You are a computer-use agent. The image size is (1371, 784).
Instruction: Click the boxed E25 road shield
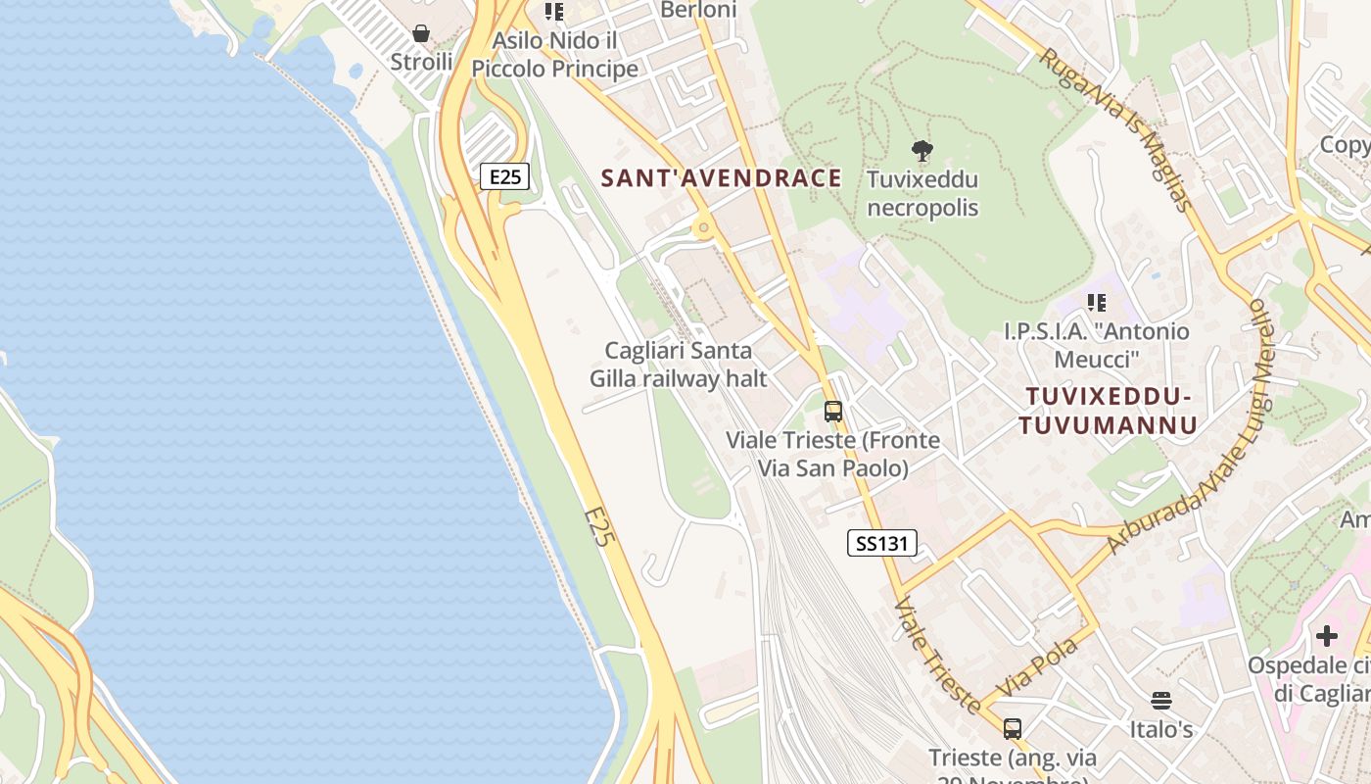pyautogui.click(x=505, y=176)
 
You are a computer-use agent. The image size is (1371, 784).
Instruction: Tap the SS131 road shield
pyautogui.click(x=881, y=543)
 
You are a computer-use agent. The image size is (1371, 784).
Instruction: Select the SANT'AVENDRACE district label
pyautogui.click(x=721, y=177)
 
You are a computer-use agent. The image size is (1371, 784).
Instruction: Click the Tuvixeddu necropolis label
pyautogui.click(x=922, y=194)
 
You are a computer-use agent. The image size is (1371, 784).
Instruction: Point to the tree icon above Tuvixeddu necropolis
pyautogui.click(x=922, y=151)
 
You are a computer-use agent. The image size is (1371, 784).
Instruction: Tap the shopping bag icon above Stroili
pyautogui.click(x=421, y=34)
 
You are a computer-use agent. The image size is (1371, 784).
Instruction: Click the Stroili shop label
pyautogui.click(x=421, y=62)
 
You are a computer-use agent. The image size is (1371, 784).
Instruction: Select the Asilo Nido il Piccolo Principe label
pyautogui.click(x=555, y=55)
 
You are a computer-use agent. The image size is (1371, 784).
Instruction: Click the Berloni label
pyautogui.click(x=698, y=10)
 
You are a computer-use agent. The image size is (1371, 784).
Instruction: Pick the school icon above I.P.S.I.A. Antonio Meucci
pyautogui.click(x=1096, y=303)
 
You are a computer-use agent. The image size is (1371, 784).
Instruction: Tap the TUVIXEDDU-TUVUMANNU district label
pyautogui.click(x=1109, y=411)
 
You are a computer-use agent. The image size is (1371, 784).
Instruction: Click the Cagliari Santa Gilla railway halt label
pyautogui.click(x=679, y=364)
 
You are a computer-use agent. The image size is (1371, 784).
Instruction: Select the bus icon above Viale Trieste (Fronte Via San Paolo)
pyautogui.click(x=833, y=412)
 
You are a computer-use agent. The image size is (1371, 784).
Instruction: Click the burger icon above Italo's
pyautogui.click(x=1161, y=700)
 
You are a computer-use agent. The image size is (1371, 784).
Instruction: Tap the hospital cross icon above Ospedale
pyautogui.click(x=1327, y=636)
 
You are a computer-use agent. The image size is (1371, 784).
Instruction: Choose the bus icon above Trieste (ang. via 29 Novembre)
pyautogui.click(x=1013, y=729)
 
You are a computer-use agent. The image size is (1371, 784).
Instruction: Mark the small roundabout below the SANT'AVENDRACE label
pyautogui.click(x=703, y=228)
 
